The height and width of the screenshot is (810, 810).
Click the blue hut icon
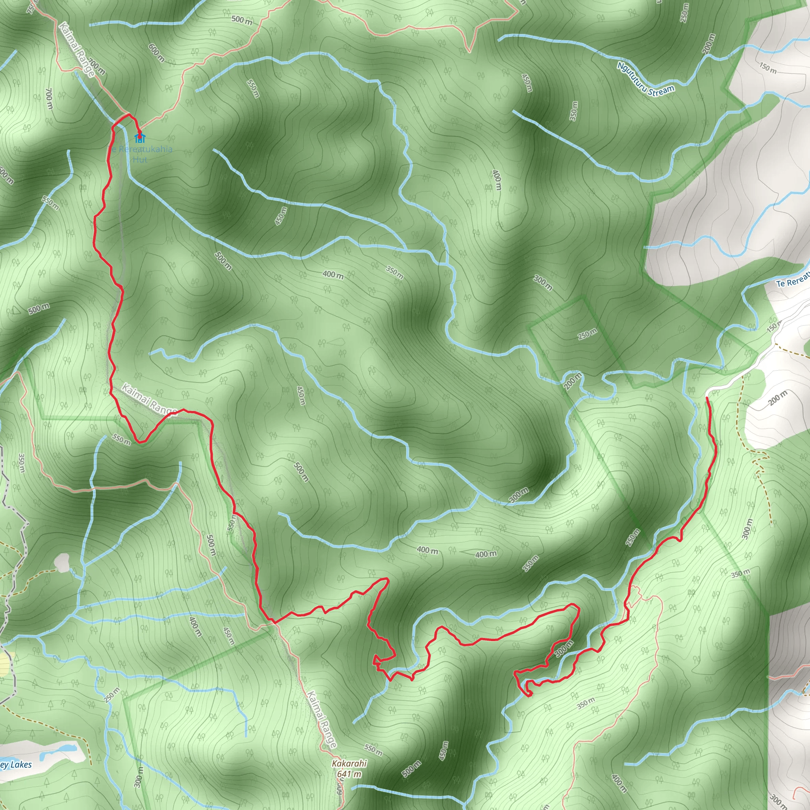(140, 138)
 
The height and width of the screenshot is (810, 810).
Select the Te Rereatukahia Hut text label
(140, 154)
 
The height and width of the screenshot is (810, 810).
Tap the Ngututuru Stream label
(645, 80)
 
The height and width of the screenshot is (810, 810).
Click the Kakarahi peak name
(349, 763)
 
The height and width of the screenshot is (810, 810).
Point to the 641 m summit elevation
(349, 774)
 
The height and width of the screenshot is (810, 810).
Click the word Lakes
(21, 764)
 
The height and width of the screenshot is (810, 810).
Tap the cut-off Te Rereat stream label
(792, 281)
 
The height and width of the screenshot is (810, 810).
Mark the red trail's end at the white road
(707, 397)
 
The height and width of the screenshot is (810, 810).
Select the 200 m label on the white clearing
(778, 397)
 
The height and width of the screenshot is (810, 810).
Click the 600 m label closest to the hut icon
(156, 53)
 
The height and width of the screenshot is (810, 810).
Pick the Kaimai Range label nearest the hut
(77, 49)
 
